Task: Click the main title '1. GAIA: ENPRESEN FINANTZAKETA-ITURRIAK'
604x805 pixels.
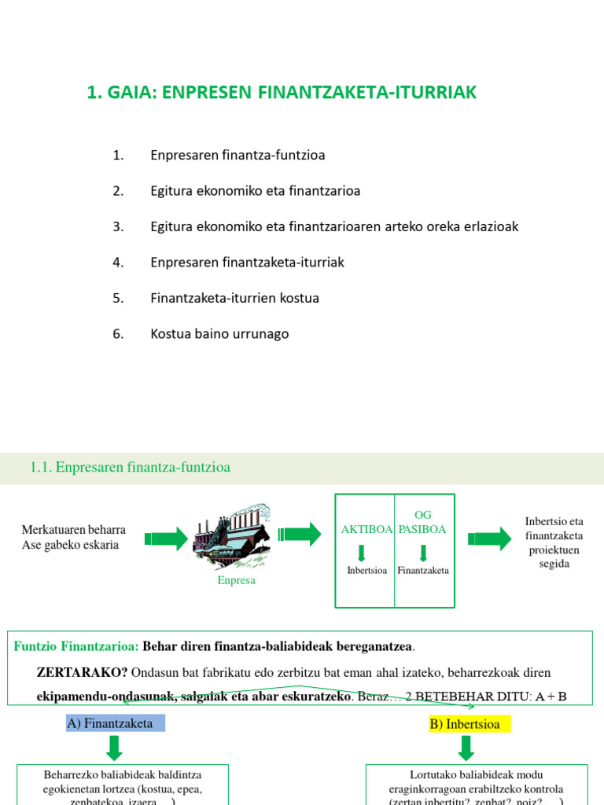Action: coord(282,93)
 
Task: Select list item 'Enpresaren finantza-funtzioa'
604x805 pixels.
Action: coord(238,155)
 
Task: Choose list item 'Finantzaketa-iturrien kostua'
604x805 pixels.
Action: coord(234,298)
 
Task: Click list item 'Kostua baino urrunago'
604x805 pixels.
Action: coord(219,334)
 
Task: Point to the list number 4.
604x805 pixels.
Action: coord(118,263)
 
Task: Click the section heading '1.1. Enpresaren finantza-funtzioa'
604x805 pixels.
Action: coord(131,468)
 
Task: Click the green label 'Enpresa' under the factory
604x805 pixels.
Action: coord(237,580)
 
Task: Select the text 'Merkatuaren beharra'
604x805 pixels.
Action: coord(74,530)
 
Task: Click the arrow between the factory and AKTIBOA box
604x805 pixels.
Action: coord(300,534)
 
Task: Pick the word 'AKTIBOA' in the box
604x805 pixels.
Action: coord(366,529)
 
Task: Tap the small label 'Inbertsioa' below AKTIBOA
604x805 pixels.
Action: coord(366,570)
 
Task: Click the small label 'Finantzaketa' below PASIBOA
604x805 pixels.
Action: coord(423,570)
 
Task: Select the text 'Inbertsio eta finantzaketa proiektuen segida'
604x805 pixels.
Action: coord(554,542)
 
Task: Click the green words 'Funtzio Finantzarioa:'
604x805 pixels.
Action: coord(76,646)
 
